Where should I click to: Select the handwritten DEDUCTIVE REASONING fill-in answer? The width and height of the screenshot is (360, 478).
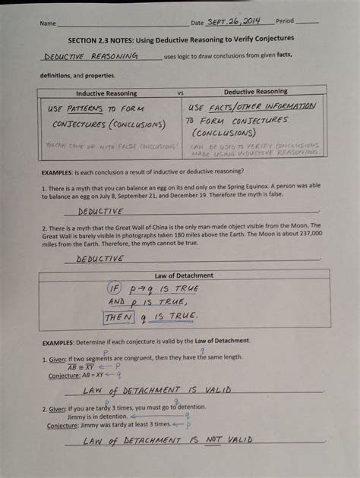coord(91,56)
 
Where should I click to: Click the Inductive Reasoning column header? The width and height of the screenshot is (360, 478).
coord(106,93)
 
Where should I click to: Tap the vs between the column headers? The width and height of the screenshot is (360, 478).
coord(181,93)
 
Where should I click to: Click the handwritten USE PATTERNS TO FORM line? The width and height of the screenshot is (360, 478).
coord(94,108)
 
